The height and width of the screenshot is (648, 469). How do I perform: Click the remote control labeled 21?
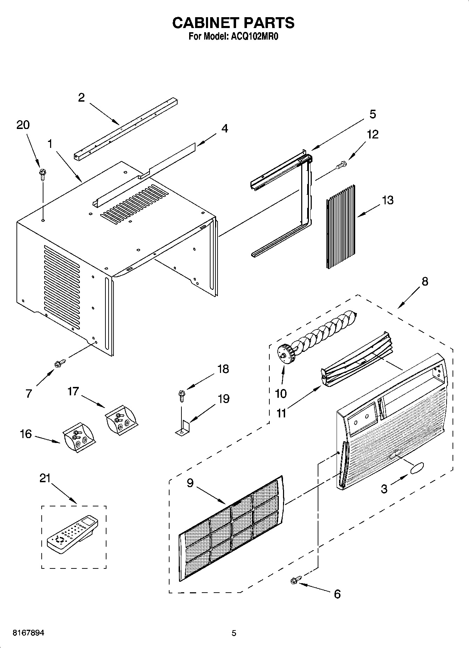click(x=73, y=534)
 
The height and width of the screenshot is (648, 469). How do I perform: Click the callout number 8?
click(x=425, y=281)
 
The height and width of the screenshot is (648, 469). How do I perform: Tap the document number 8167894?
click(x=28, y=633)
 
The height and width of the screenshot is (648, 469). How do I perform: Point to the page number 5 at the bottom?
click(x=234, y=633)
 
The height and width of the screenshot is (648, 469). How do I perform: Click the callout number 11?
click(x=281, y=414)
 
